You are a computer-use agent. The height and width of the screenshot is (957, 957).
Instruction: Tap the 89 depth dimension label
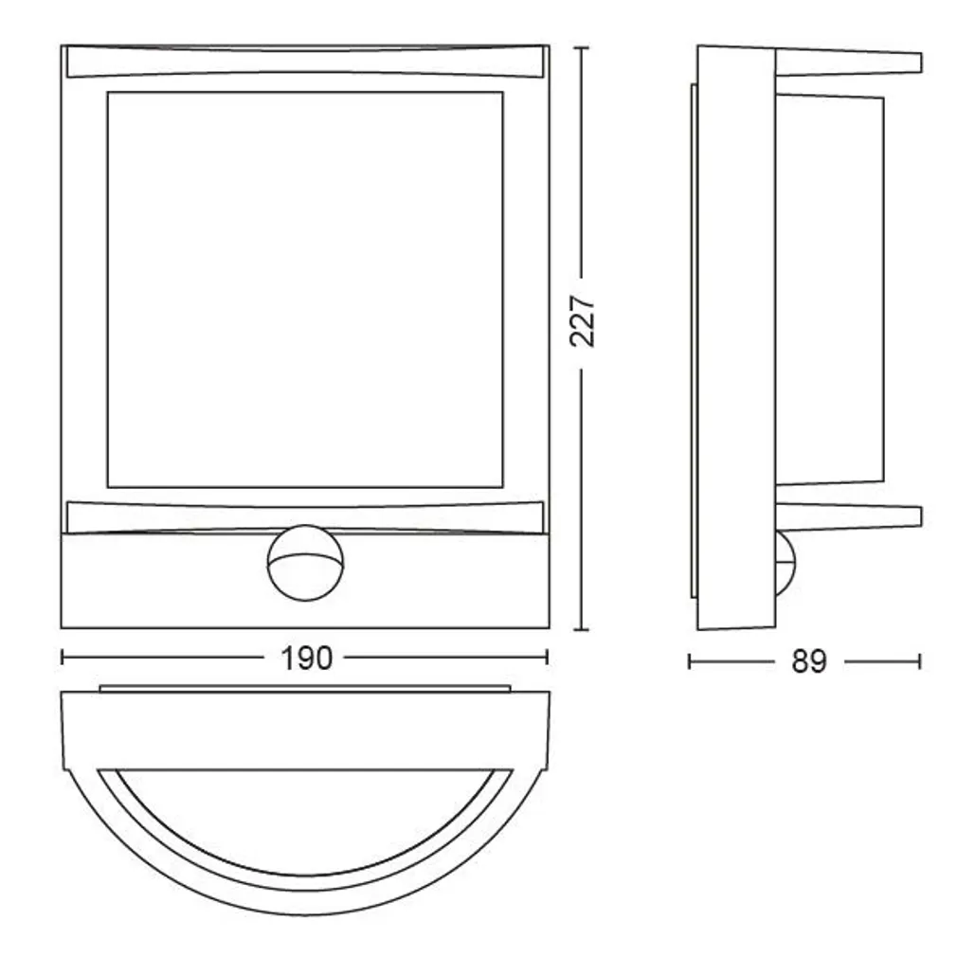(808, 661)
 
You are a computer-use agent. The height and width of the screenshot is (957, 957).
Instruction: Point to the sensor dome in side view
(786, 564)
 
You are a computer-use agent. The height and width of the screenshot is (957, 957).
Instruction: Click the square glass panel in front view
(304, 289)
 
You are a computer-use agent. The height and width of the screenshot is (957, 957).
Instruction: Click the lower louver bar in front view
(305, 516)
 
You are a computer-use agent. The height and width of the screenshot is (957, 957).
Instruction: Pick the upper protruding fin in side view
(848, 63)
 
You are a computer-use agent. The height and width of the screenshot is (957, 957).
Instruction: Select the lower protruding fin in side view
(848, 516)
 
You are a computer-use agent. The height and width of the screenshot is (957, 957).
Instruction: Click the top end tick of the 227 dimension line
(583, 45)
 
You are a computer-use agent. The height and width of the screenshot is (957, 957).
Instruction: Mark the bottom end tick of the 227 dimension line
(583, 629)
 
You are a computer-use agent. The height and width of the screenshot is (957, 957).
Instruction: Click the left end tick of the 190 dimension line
(63, 657)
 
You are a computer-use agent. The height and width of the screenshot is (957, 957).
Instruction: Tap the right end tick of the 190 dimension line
(548, 657)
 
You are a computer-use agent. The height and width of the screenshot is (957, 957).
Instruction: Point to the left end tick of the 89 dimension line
(690, 660)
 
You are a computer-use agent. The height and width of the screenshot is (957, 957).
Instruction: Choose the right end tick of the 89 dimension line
(920, 660)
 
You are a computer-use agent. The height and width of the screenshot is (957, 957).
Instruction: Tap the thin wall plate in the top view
(305, 686)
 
